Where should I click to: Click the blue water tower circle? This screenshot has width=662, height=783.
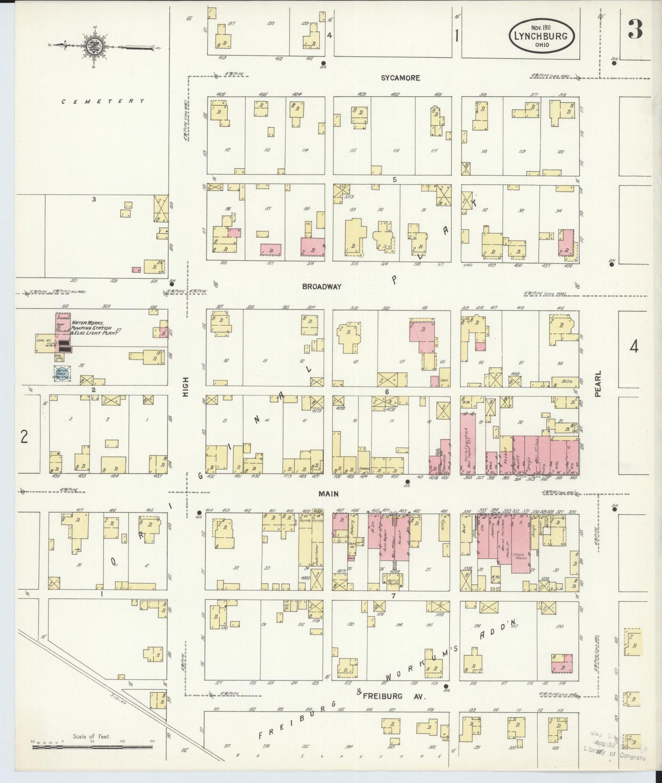60,374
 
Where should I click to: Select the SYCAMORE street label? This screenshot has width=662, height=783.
400,78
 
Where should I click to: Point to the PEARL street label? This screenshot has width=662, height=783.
598,384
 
